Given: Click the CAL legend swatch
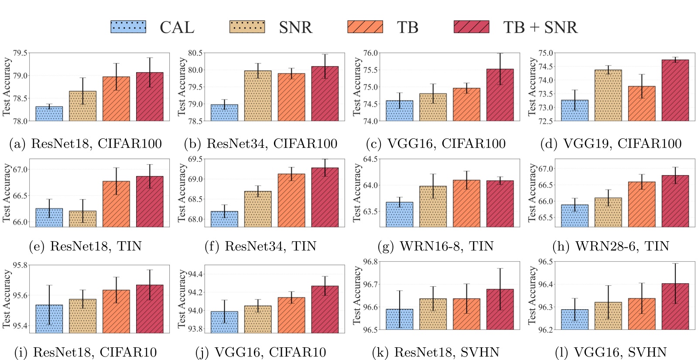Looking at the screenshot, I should pyautogui.click(x=128, y=27).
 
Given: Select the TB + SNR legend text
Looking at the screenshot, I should pyautogui.click(x=540, y=27).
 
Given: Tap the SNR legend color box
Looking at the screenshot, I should pyautogui.click(x=247, y=27).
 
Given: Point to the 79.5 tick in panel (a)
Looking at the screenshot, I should pyautogui.click(x=20, y=53).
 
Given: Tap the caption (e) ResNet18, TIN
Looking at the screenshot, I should pyautogui.click(x=86, y=246).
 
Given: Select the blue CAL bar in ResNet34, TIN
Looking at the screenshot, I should pyautogui.click(x=224, y=219).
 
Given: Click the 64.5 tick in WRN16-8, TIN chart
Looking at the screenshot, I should pyautogui.click(x=370, y=159).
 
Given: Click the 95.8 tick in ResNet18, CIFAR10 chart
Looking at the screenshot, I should pyautogui.click(x=20, y=265).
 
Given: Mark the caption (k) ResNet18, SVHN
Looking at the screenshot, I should pyautogui.click(x=435, y=352).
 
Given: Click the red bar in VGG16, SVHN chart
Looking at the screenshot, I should pyautogui.click(x=675, y=306).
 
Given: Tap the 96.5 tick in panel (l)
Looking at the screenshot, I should pyautogui.click(x=545, y=262).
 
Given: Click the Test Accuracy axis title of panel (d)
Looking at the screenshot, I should pyautogui.click(x=532, y=87).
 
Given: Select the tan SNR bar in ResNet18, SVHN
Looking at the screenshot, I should pyautogui.click(x=433, y=314).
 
